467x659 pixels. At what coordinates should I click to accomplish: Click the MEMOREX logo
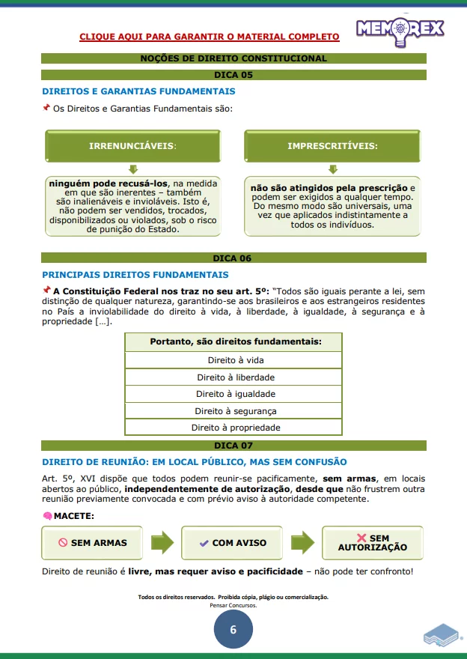(x=400, y=29)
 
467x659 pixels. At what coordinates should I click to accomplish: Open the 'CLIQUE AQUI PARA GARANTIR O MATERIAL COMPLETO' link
(x=209, y=36)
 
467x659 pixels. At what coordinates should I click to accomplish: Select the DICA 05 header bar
(x=233, y=75)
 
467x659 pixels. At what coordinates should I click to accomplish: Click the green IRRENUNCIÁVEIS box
(x=132, y=145)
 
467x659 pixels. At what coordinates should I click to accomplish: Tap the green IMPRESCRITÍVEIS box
(x=332, y=145)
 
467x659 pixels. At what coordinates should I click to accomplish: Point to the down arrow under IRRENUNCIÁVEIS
(x=133, y=170)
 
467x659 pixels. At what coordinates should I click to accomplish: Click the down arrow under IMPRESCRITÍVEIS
(x=332, y=170)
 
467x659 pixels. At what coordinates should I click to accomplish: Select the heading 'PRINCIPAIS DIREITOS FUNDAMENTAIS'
(x=135, y=275)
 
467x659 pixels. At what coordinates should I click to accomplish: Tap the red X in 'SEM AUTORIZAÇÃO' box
(x=361, y=538)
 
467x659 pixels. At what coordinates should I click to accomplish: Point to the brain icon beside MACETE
(x=46, y=516)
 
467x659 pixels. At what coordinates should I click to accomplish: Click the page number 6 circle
(x=233, y=630)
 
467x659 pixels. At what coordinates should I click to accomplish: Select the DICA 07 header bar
(x=233, y=446)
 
